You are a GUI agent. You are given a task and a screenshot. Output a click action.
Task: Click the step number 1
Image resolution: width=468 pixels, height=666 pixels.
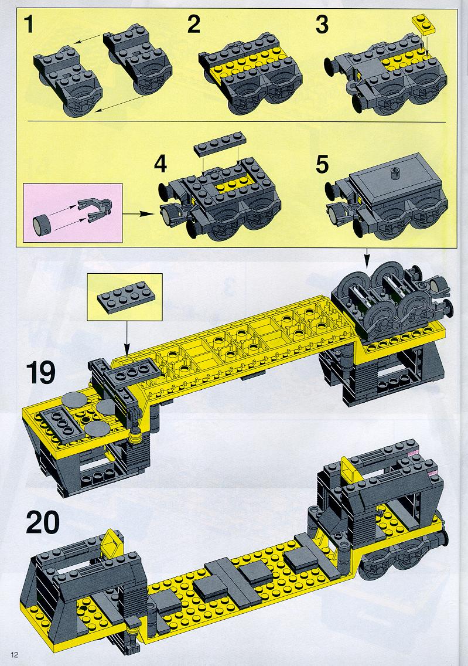29,24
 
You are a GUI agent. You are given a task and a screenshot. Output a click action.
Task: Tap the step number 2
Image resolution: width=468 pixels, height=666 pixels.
193,24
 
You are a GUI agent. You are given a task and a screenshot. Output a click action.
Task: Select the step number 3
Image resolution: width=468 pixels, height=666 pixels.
322,24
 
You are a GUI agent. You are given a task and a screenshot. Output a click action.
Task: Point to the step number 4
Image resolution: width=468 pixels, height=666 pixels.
160,164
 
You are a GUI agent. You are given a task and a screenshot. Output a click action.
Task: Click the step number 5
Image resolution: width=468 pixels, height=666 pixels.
322,164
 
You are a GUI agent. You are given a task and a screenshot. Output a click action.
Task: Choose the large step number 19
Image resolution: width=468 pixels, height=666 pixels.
41,372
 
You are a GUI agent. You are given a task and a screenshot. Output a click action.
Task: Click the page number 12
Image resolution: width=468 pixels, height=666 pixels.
16,654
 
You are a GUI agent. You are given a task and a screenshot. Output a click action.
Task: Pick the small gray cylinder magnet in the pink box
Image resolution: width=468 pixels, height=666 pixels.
41,223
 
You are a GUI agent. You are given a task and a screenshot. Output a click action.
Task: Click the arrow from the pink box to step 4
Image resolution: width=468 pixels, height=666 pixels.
138,213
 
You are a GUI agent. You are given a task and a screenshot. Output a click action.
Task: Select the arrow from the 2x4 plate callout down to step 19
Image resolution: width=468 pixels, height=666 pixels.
126,339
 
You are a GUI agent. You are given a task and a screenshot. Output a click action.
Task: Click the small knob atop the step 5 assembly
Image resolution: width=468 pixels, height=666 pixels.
392,172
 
